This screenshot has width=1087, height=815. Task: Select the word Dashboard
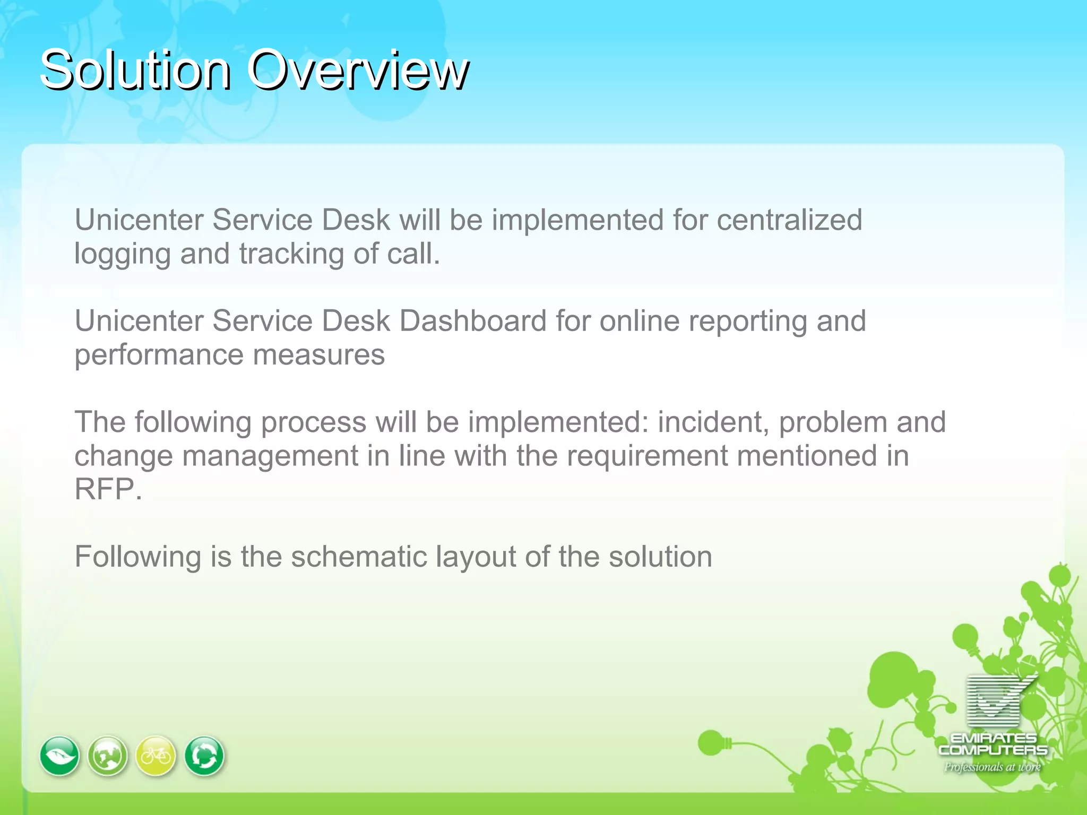[472, 320]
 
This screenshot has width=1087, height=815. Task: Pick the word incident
[713, 422]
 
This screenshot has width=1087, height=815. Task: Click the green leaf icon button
[59, 756]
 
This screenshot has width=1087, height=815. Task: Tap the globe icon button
[108, 756]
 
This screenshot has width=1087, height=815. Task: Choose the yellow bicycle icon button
[156, 756]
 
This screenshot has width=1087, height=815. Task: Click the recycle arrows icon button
[204, 756]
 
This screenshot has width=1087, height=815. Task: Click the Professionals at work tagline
[992, 767]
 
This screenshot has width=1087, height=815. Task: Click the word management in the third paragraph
[270, 456]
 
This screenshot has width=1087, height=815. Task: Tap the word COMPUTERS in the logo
[993, 750]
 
